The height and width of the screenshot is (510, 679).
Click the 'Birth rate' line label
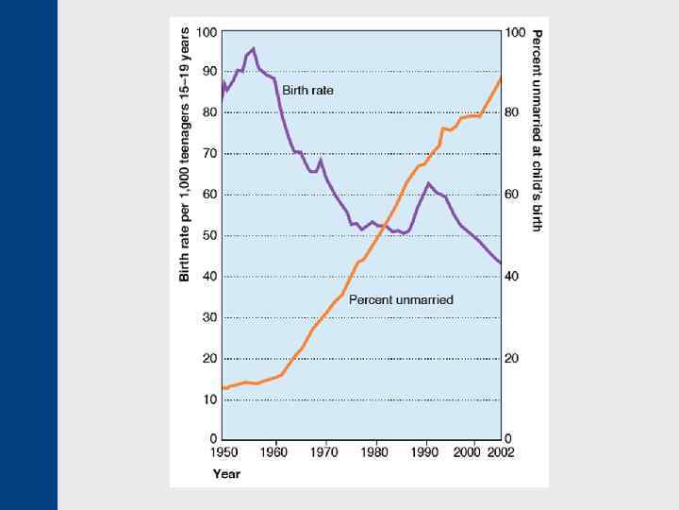click(307, 90)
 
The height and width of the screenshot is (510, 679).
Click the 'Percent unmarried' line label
click(401, 299)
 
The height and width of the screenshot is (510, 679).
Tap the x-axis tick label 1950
click(224, 453)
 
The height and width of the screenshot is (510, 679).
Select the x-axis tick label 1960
click(275, 453)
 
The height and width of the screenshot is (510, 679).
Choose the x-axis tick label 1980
click(376, 453)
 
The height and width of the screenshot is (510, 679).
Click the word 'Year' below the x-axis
click(225, 473)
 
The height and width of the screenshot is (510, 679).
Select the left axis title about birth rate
click(185, 153)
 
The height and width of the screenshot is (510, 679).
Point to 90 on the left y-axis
click(207, 72)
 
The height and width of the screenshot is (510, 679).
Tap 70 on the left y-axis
click(207, 154)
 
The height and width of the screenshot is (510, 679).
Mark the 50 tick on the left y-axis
click(207, 236)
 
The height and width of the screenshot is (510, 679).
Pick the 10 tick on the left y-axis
click(207, 399)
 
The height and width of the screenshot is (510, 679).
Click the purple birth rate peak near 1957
click(253, 48)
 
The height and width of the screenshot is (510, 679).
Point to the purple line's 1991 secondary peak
click(428, 183)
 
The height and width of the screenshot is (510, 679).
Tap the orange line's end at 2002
click(500, 78)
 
